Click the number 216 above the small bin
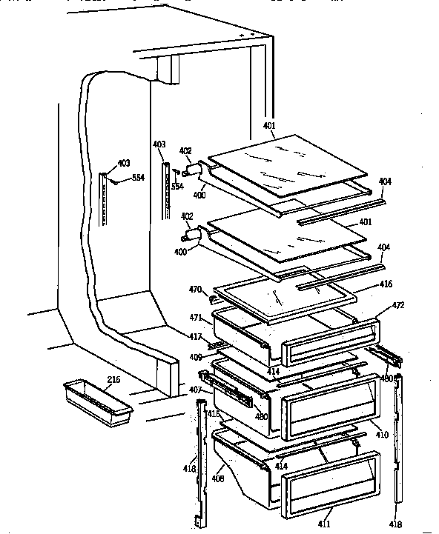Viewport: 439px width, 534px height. (113, 379)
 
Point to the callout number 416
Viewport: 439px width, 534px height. (386, 284)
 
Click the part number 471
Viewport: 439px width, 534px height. (195, 317)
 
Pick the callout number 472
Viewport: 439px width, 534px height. (398, 305)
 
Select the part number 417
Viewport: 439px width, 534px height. (195, 337)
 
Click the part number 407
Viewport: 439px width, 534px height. (195, 390)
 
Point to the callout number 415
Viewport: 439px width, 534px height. (213, 413)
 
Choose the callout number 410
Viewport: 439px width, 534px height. (383, 434)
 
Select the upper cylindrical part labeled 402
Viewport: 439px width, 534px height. (194, 170)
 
